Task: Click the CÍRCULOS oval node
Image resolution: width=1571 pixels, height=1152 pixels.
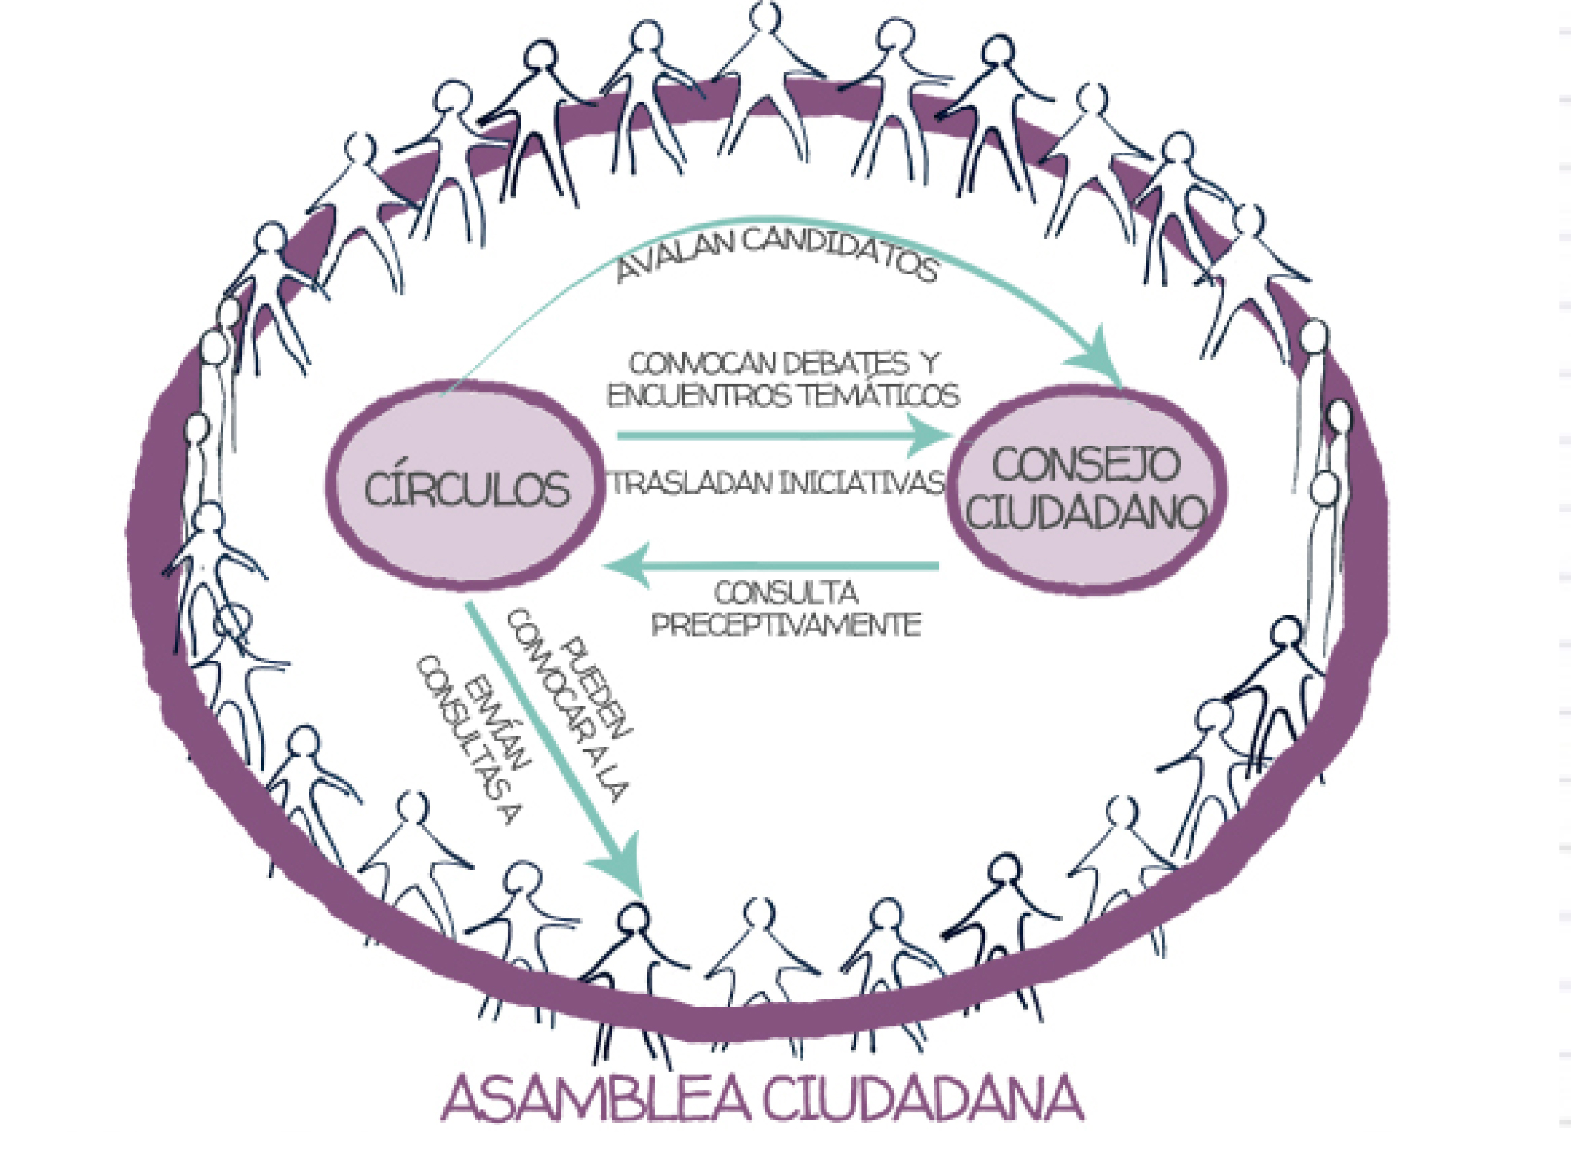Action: point(465,487)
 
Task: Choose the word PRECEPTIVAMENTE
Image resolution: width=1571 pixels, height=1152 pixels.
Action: point(786,625)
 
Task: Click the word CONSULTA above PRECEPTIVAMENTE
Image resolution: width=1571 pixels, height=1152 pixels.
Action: point(786,593)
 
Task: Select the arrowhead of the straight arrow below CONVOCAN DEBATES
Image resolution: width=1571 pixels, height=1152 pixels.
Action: point(931,435)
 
